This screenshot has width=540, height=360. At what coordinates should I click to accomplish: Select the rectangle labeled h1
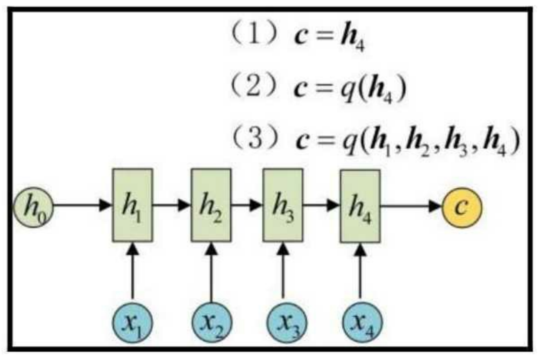coord(132,205)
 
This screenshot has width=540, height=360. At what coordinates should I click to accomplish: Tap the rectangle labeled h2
coord(211,205)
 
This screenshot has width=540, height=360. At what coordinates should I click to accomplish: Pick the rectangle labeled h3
coord(282,205)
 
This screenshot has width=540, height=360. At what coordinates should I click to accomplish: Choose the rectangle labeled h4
coord(360,206)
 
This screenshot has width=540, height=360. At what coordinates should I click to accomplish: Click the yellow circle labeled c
coord(461,207)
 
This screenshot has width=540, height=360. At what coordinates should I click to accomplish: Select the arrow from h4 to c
coord(411,206)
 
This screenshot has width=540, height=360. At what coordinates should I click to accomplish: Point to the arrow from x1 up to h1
coord(133,273)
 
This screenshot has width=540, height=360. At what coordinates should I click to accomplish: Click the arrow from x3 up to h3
coord(283,273)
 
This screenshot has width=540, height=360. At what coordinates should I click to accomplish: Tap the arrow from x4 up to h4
coord(360,273)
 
